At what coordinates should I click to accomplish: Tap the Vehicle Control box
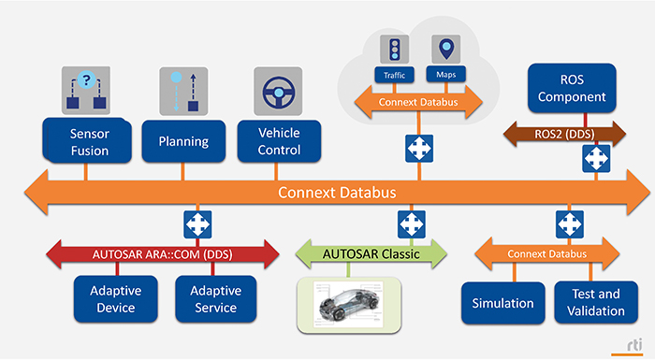tap(279, 140)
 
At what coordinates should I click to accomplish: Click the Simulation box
tap(502, 303)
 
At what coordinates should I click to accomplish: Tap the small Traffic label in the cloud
tap(393, 75)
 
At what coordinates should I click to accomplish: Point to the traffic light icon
tap(393, 50)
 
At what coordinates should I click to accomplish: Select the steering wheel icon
tap(277, 92)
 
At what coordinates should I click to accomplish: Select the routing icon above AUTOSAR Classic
tap(410, 224)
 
